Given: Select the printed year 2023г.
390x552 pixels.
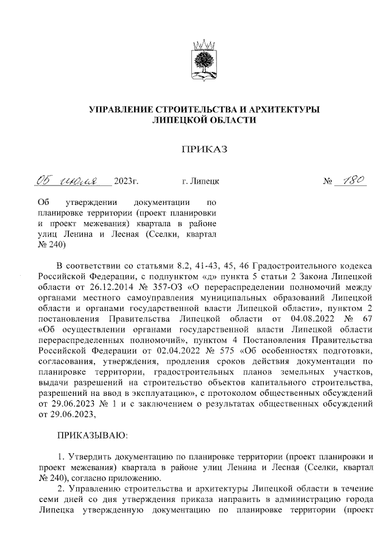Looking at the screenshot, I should coord(127,182).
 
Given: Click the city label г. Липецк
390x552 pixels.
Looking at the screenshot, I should coord(202,182).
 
